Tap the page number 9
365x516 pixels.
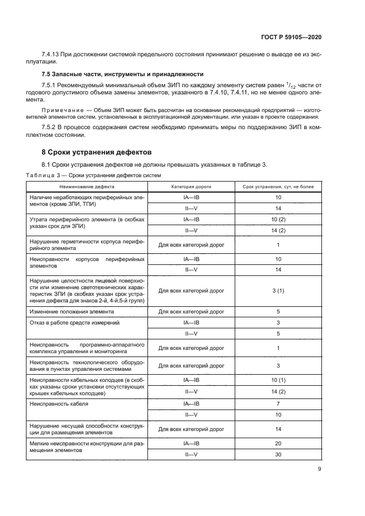pyautogui.click(x=320, y=470)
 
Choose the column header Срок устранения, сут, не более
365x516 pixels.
pyautogui.click(x=278, y=187)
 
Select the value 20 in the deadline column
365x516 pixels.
pyautogui.click(x=278, y=444)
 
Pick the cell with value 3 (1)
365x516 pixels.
pyautogui.click(x=278, y=290)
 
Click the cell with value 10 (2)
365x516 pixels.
pyautogui.click(x=278, y=219)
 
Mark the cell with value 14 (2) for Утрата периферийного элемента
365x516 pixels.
pyautogui.click(x=278, y=230)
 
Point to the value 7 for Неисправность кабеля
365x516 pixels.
pyautogui.click(x=278, y=404)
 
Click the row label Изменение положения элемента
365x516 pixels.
pyautogui.click(x=71, y=311)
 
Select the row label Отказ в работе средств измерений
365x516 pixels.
pyautogui.click(x=75, y=322)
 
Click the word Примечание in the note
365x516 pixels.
pyautogui.click(x=59, y=110)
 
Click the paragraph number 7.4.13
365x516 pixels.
pyautogui.click(x=52, y=55)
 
